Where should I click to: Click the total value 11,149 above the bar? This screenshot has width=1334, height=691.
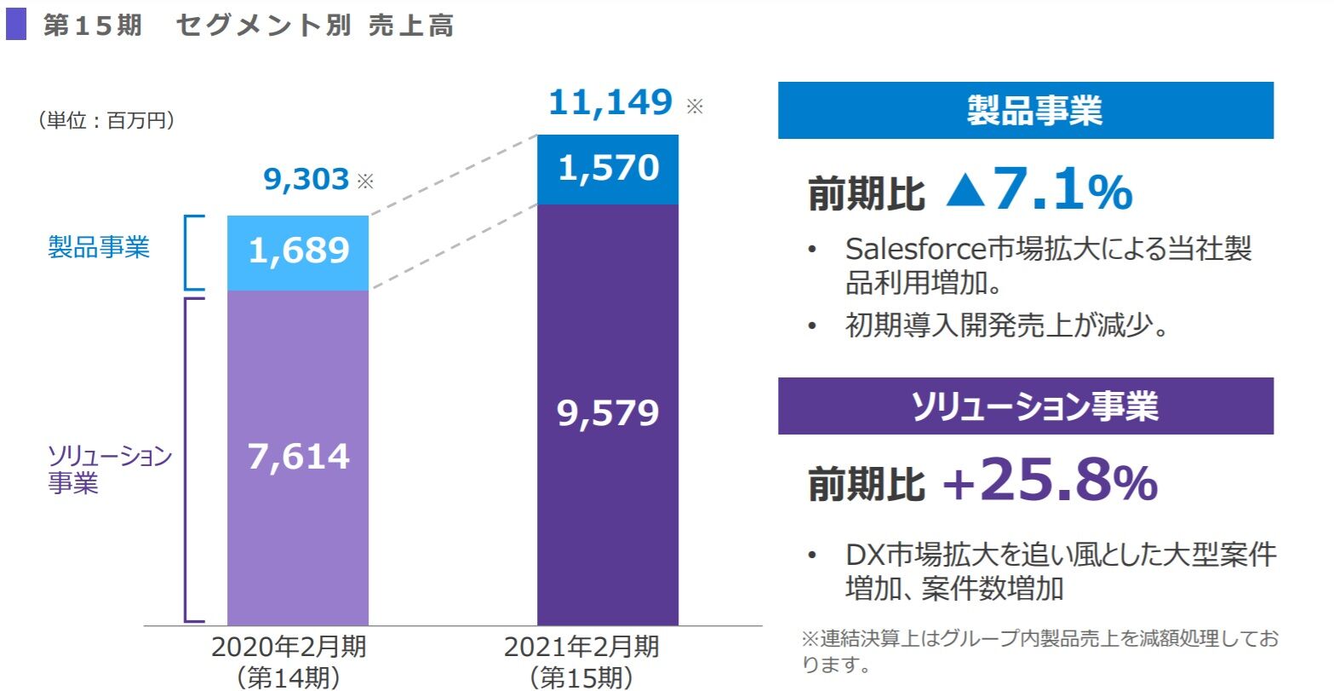click(x=610, y=103)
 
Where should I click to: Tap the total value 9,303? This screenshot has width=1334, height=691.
click(x=306, y=179)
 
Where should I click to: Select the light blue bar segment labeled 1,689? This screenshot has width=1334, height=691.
click(x=298, y=252)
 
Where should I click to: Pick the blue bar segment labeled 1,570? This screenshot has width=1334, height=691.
click(x=608, y=170)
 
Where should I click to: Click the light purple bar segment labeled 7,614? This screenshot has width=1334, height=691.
click(x=298, y=457)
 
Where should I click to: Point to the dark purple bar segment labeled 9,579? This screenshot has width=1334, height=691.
click(x=608, y=414)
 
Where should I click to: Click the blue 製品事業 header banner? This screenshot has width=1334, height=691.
click(x=1025, y=111)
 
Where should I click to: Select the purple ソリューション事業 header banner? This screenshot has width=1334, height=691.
click(x=1025, y=406)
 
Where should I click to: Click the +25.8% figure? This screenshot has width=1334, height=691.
click(x=1050, y=483)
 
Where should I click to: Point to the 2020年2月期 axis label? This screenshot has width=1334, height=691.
click(x=289, y=648)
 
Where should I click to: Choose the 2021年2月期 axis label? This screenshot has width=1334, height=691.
click(x=581, y=648)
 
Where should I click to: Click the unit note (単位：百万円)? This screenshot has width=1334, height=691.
click(x=106, y=121)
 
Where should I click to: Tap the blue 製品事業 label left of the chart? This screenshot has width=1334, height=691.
click(x=99, y=248)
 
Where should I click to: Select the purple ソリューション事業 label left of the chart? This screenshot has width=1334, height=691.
click(x=109, y=469)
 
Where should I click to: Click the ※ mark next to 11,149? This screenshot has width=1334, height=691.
click(x=696, y=107)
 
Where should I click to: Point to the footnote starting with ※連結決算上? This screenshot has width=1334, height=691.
click(x=1039, y=651)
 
